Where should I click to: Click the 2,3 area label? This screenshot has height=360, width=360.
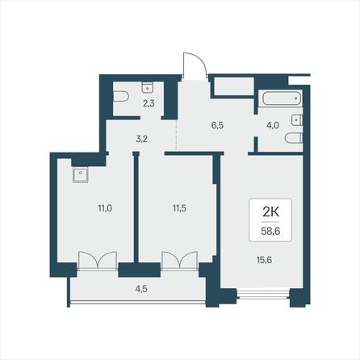pyautogui.click(x=149, y=103)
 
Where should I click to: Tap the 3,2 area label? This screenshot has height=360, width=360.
pyautogui.click(x=141, y=139)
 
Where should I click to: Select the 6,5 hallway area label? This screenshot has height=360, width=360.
pyautogui.click(x=217, y=125)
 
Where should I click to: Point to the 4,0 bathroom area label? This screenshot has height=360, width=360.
pyautogui.click(x=273, y=125)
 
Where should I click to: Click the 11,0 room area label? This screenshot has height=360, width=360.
pyautogui.click(x=105, y=208)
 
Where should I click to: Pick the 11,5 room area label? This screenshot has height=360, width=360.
pyautogui.click(x=179, y=208)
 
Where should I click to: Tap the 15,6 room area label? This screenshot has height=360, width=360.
pyautogui.click(x=264, y=260)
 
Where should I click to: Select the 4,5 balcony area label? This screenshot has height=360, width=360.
pyautogui.click(x=141, y=289)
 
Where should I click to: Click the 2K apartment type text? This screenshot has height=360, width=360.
pyautogui.click(x=270, y=212)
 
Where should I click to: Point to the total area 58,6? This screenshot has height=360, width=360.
pyautogui.click(x=270, y=231)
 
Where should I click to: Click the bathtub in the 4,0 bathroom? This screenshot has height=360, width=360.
pyautogui.click(x=282, y=98)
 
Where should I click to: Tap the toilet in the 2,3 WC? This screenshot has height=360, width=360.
pyautogui.click(x=121, y=97)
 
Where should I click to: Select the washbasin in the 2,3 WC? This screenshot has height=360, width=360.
pyautogui.click(x=148, y=86)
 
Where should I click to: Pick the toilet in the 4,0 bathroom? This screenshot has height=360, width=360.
pyautogui.click(x=294, y=138)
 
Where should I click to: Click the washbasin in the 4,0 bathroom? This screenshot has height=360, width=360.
pyautogui.click(x=297, y=120)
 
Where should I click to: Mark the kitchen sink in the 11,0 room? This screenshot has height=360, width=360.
pyautogui.click(x=80, y=175)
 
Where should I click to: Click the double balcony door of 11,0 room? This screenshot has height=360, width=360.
pyautogui.click(x=98, y=261)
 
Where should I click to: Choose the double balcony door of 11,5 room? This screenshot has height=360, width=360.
pyautogui.click(x=179, y=261)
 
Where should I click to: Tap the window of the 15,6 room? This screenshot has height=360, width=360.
pyautogui.click(x=264, y=294)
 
